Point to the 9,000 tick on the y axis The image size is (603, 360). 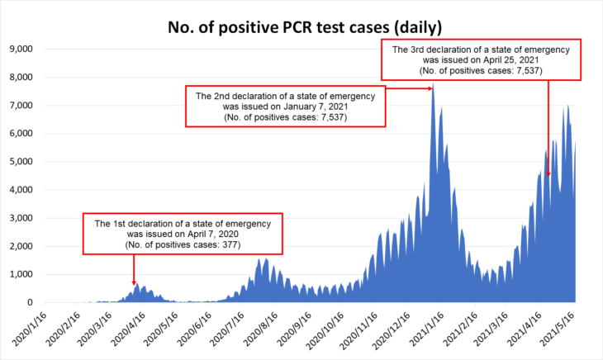click(20, 49)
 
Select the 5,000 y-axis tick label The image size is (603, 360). click(20, 162)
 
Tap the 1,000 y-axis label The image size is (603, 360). click(20, 274)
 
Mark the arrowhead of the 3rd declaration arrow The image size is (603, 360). click(548, 173)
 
